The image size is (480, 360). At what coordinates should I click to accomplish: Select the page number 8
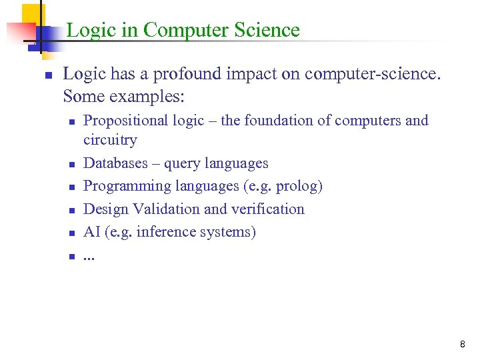point(462,345)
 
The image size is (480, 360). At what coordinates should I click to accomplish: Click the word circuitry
point(110,140)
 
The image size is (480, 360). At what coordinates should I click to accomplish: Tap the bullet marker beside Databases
point(71,164)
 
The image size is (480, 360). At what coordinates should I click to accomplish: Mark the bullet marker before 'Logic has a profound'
point(47,75)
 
